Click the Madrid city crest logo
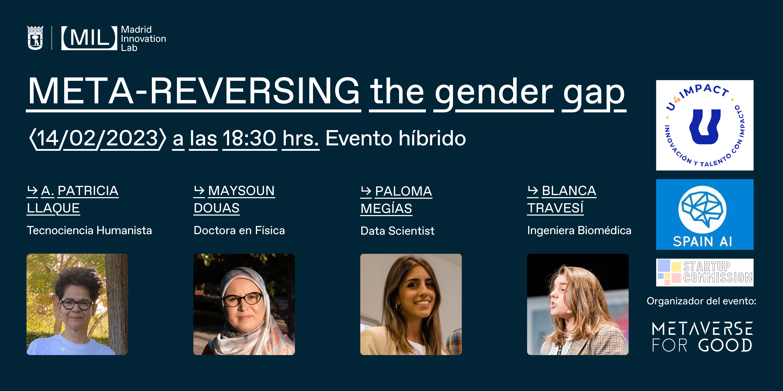[x=35, y=38]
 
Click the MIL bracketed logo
[x=89, y=38]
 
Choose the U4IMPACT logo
[x=705, y=125]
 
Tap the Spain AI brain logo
[x=705, y=214]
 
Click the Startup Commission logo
[x=705, y=272]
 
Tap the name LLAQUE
[x=53, y=208]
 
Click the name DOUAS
[x=217, y=208]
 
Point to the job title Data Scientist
[x=397, y=231]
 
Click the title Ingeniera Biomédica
[x=579, y=230]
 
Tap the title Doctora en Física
[x=239, y=230]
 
